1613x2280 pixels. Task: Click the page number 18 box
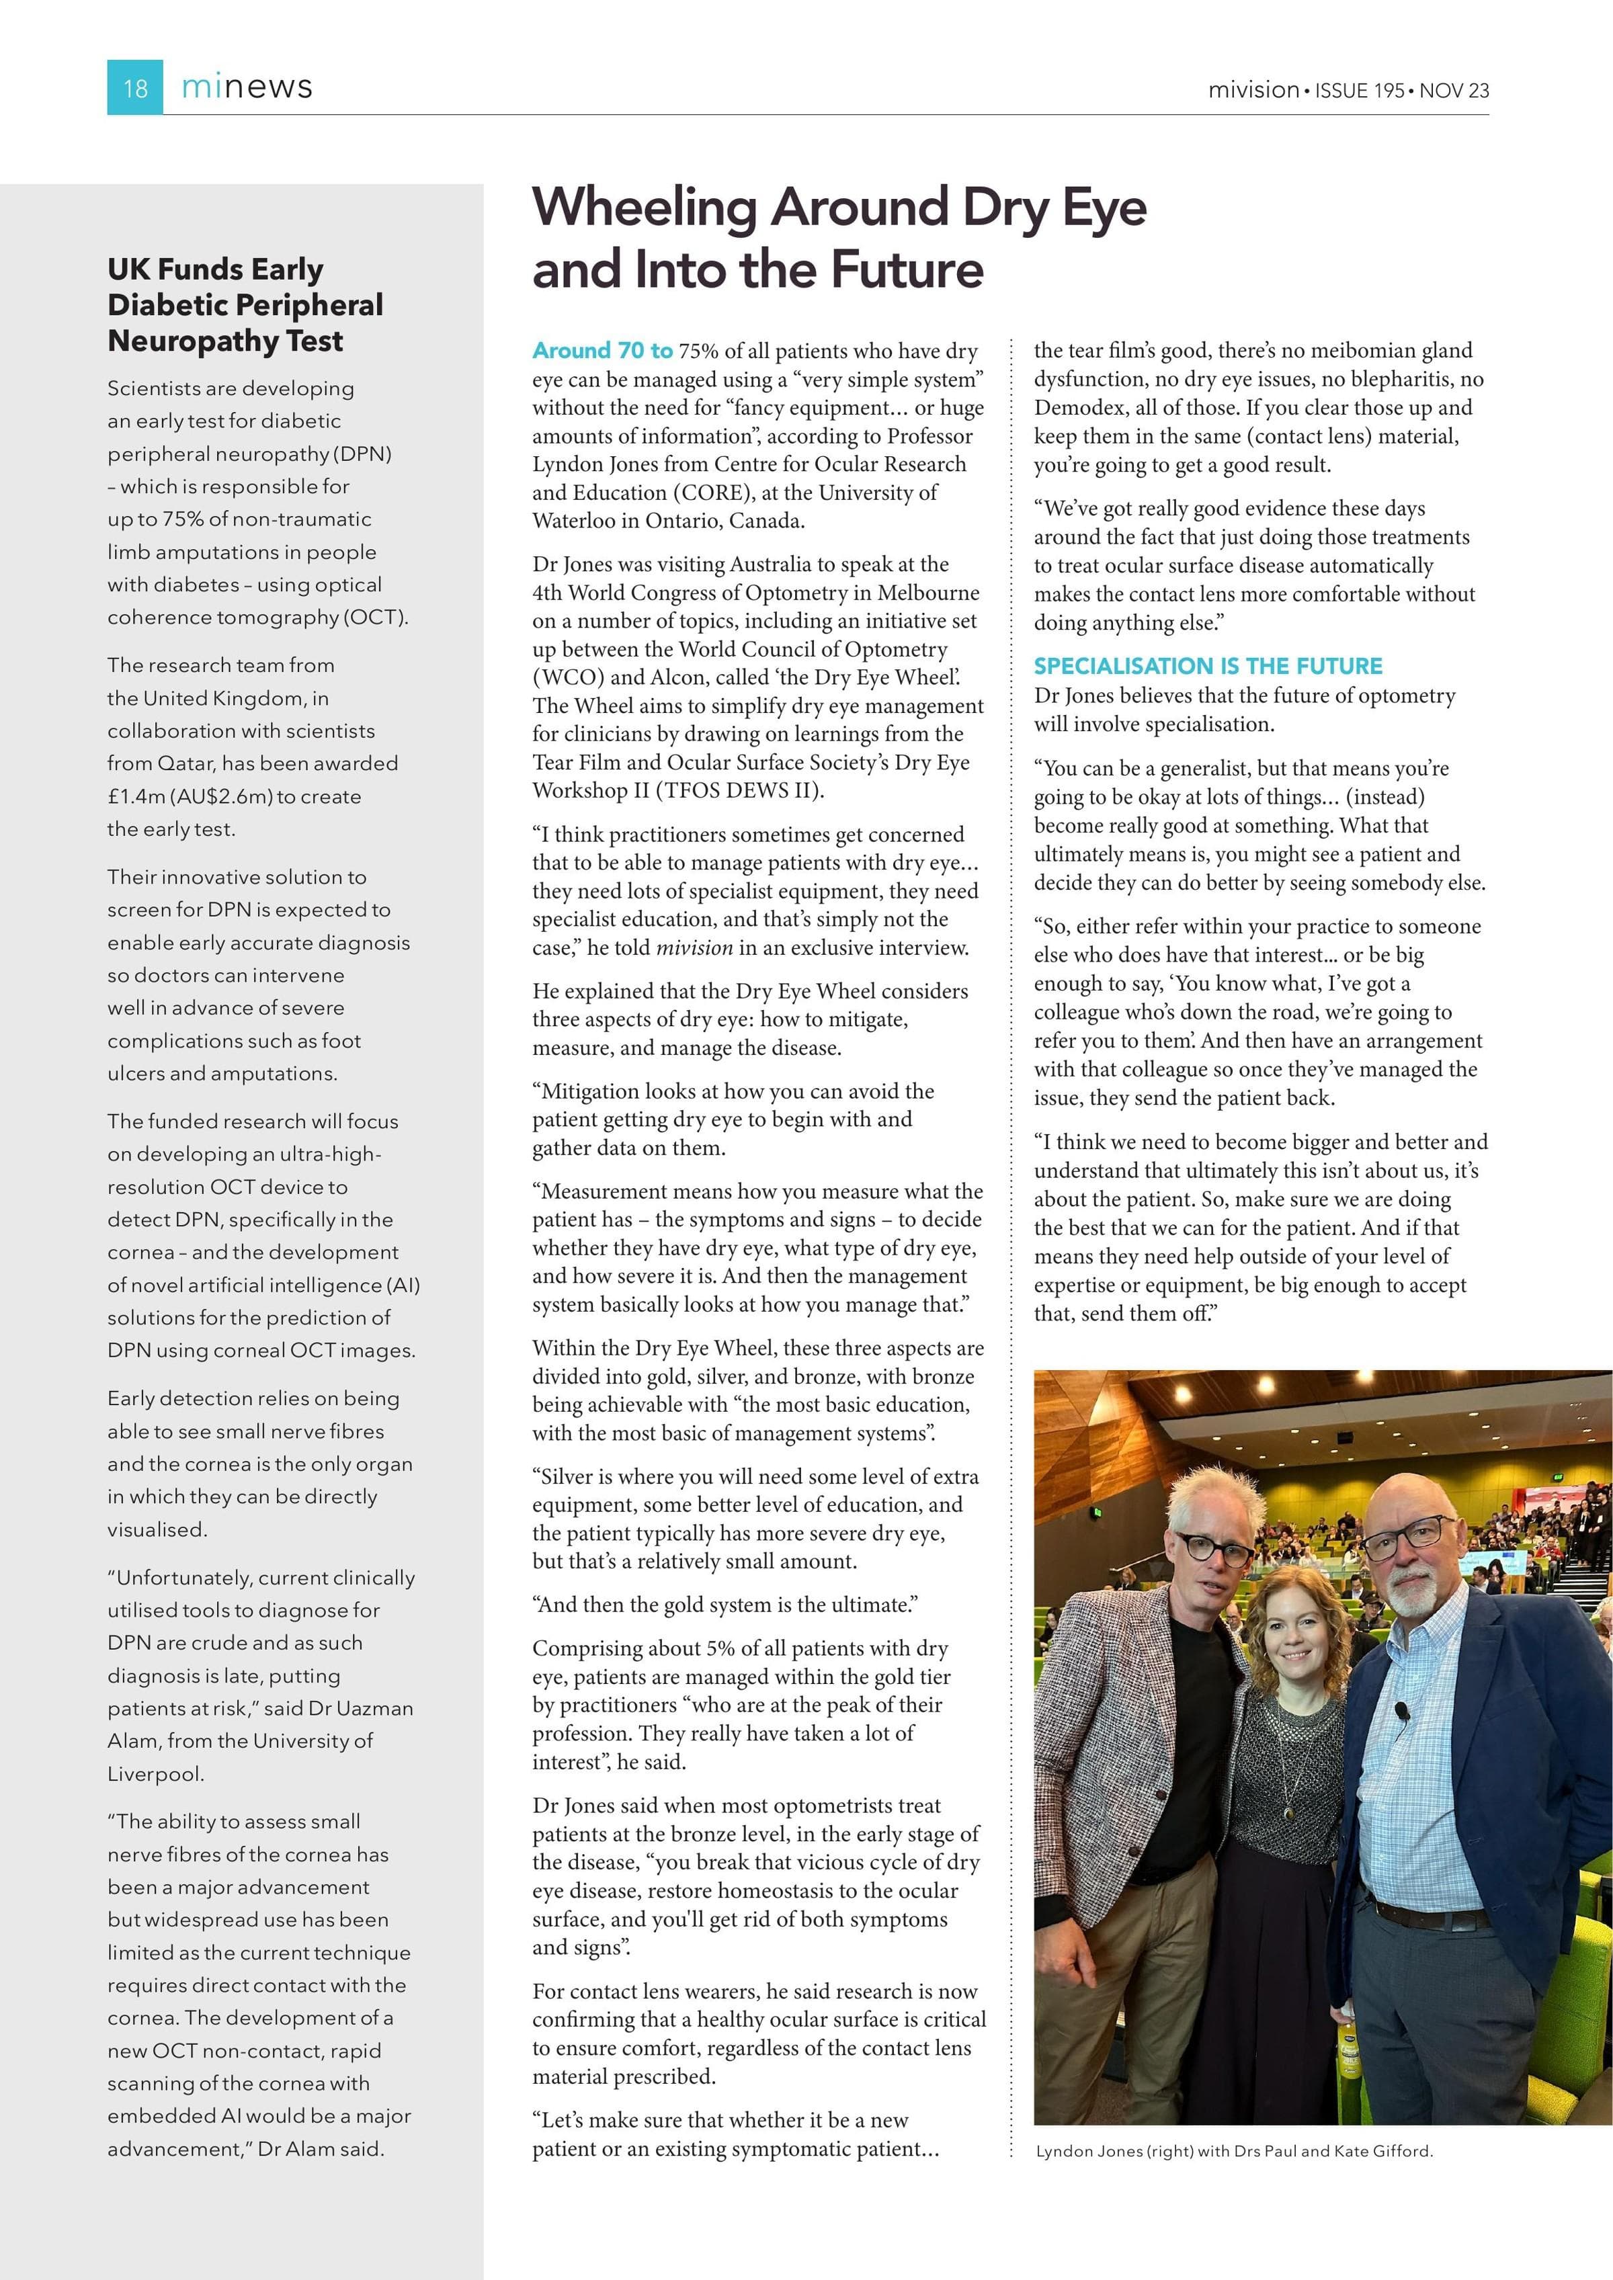click(x=135, y=87)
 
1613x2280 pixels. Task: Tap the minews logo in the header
click(x=247, y=87)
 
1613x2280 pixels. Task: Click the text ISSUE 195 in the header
click(x=1359, y=90)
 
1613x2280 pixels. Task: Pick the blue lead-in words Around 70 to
click(x=602, y=351)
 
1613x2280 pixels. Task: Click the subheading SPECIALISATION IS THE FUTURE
click(x=1208, y=667)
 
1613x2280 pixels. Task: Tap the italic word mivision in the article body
click(x=694, y=947)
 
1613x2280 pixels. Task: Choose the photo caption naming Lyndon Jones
click(x=1233, y=2151)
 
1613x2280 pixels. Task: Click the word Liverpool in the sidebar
click(x=155, y=1773)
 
